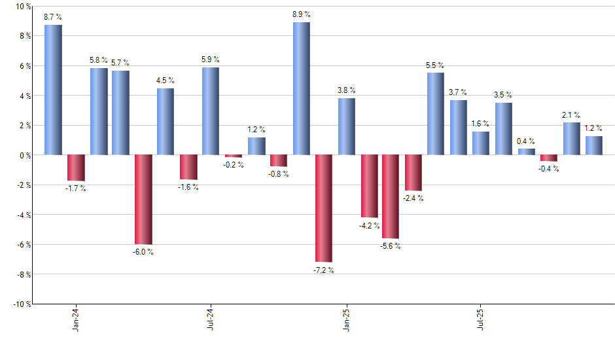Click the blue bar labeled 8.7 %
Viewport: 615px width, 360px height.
click(53, 90)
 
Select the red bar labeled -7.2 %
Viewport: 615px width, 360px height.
click(324, 208)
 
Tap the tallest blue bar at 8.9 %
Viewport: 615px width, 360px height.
click(302, 88)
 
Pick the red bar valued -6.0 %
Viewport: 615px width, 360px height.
click(143, 200)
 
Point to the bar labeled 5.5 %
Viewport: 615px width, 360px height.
click(436, 114)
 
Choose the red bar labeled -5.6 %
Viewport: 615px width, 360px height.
click(391, 196)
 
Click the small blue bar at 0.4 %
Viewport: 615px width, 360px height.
click(527, 152)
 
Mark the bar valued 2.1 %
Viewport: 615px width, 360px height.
click(572, 139)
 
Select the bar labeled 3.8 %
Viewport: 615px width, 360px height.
click(347, 126)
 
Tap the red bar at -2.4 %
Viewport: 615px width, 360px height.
click(413, 173)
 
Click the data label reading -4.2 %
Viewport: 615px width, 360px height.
click(369, 226)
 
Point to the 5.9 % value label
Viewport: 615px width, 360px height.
click(211, 60)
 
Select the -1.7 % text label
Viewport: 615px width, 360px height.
click(76, 189)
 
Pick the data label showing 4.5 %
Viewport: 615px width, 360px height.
click(166, 81)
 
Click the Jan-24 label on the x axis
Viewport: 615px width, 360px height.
click(76, 319)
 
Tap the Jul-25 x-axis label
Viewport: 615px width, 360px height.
click(481, 319)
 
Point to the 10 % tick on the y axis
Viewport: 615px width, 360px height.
click(23, 7)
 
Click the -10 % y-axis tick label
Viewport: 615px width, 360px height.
click(22, 304)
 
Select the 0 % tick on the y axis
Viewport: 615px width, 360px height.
click(25, 155)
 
